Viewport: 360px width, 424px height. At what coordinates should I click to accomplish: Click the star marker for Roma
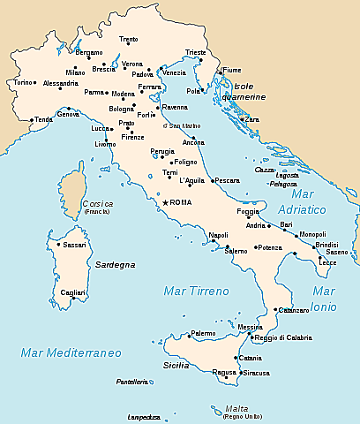164,203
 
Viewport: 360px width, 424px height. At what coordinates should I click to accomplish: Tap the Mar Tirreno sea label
196,291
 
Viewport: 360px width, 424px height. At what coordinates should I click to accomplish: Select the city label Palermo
203,333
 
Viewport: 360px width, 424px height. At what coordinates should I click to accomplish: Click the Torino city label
22,83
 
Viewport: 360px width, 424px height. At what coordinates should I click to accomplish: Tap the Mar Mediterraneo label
71,353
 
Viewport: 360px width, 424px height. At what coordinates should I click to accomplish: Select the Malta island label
236,408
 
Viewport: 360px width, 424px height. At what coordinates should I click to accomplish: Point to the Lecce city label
327,262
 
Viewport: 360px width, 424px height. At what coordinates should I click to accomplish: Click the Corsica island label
96,204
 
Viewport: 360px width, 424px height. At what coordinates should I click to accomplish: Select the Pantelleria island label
132,382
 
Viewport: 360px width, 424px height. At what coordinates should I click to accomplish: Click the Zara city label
252,119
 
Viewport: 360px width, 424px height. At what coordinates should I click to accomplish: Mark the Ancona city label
193,142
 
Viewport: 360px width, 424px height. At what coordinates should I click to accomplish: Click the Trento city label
129,40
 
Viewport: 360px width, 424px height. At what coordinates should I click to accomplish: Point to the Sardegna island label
114,264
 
